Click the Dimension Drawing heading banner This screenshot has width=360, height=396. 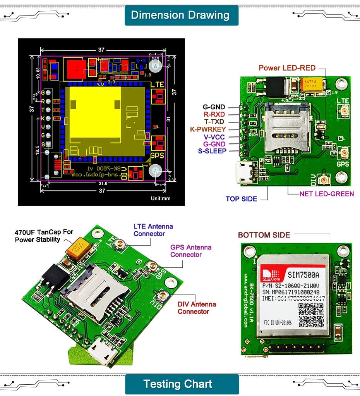tap(180, 15)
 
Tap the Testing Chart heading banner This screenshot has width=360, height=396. tap(178, 384)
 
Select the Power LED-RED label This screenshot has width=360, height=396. tap(287, 68)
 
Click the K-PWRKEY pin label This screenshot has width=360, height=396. tap(208, 129)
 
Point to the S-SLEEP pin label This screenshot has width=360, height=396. tap(212, 151)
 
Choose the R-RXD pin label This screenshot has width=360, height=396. tap(215, 114)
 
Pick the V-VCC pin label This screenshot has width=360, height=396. tap(214, 137)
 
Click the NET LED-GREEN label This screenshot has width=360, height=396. tap(327, 194)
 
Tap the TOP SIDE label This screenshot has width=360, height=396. tap(241, 199)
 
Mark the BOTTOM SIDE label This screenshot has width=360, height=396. tap(264, 235)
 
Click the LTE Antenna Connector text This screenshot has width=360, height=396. tap(153, 230)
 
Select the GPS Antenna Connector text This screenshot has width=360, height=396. tap(190, 251)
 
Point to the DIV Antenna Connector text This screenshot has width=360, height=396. tap(197, 308)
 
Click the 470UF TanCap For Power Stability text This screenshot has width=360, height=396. tap(44, 236)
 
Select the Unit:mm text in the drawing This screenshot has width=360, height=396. tap(161, 198)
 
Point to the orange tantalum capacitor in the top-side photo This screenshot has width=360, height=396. tap(312, 84)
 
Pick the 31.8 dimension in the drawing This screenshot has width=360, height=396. tap(103, 183)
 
